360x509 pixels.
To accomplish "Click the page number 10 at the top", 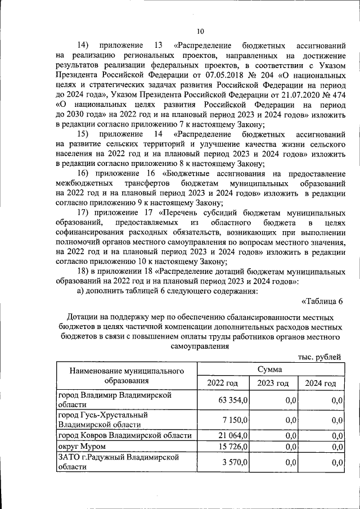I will click(x=201, y=31).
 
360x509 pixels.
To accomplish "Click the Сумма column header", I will click(x=270, y=370).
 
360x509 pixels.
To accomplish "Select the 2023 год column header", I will click(x=273, y=383).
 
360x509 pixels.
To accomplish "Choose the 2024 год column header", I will click(x=321, y=383).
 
